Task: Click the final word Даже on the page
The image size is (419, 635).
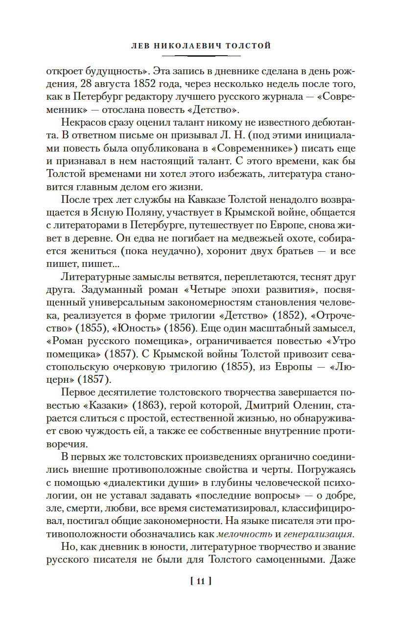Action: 343,559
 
